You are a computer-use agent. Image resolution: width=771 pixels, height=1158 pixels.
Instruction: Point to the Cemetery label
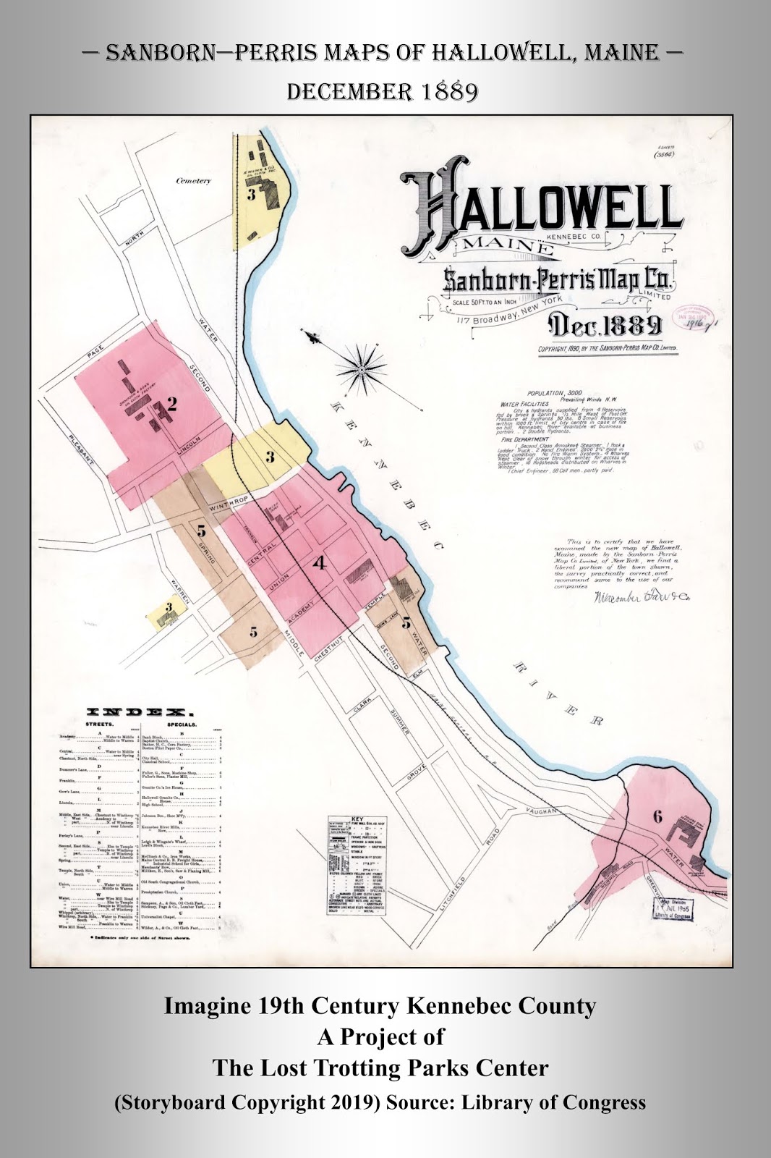tap(194, 181)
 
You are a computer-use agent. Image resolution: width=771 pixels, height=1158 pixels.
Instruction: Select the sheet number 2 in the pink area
tap(171, 405)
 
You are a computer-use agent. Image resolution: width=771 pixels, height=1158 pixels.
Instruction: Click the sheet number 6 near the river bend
tap(657, 816)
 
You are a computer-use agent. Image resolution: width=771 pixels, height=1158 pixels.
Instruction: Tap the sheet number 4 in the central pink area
tap(319, 562)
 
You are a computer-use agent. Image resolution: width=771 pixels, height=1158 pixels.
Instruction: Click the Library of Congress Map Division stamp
tap(672, 909)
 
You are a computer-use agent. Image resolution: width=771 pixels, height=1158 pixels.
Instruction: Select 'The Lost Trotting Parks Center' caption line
tap(380, 1068)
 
